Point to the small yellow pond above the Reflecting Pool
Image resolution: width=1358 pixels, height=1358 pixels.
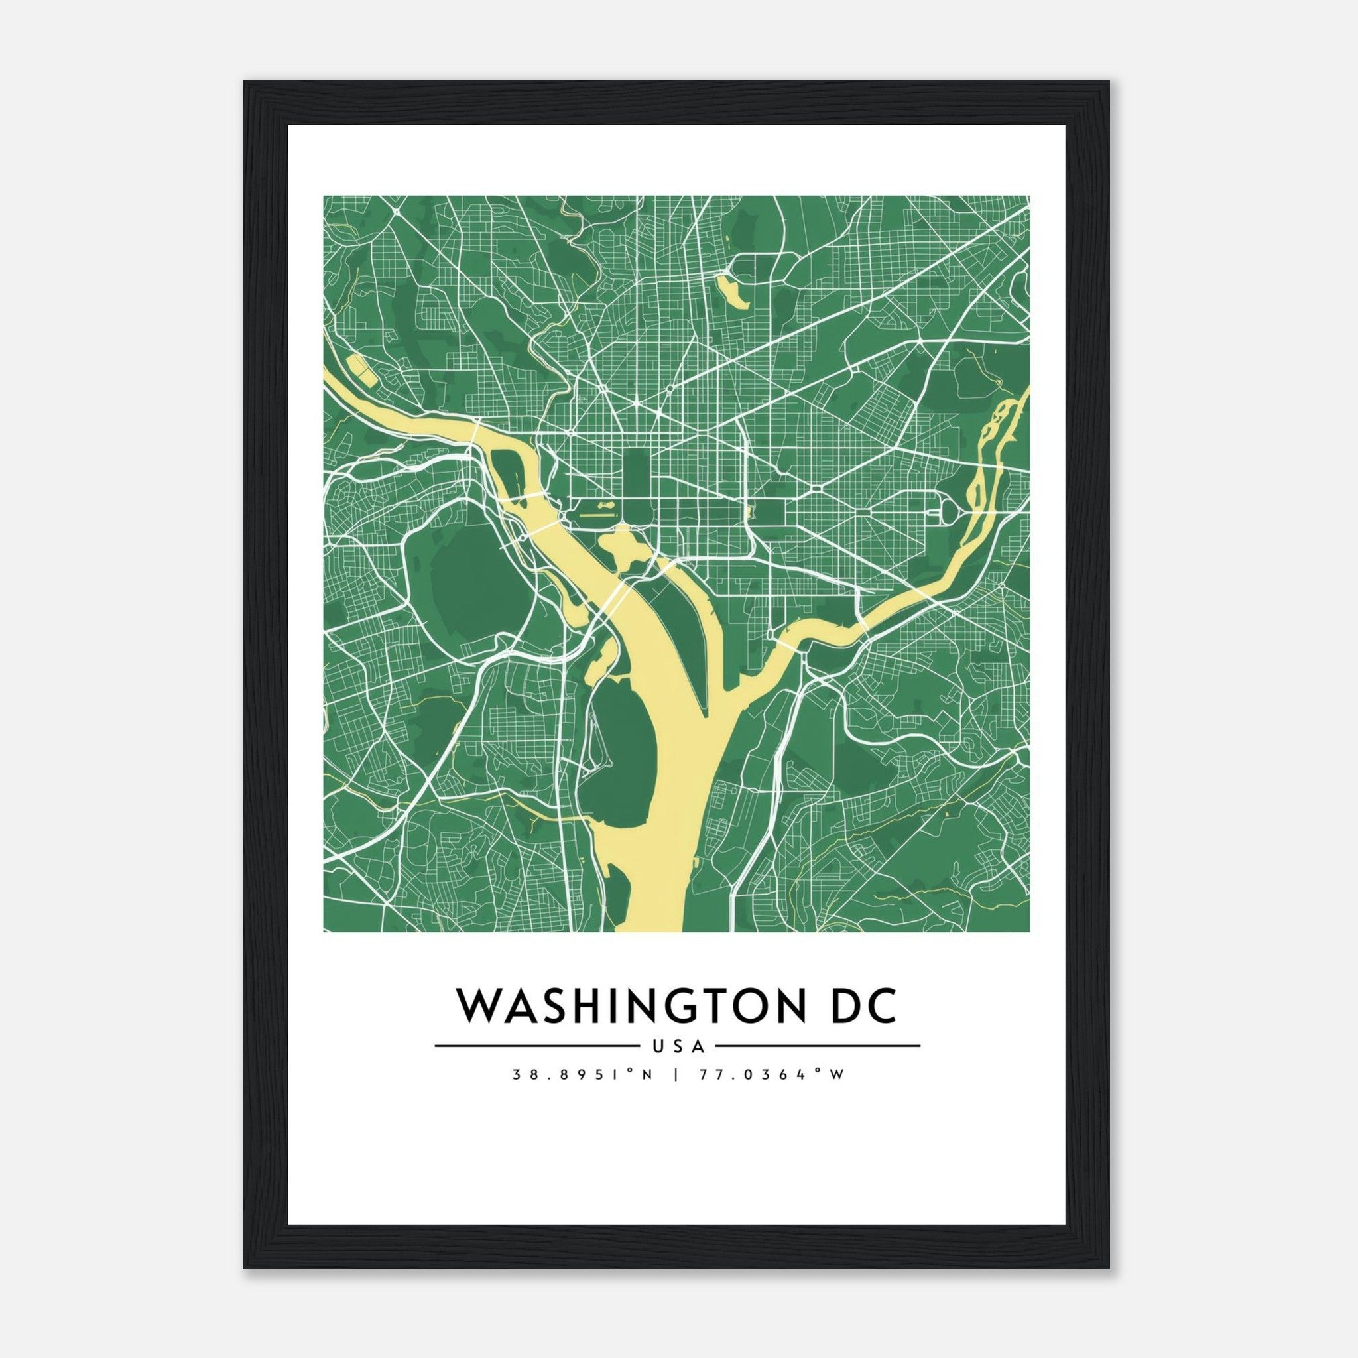[x=602, y=503]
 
